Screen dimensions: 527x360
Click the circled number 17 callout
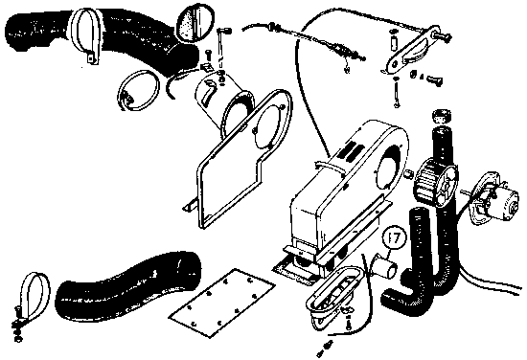pyautogui.click(x=395, y=238)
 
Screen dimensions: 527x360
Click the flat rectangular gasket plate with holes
pyautogui.click(x=222, y=302)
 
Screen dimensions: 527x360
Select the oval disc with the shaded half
pyautogui.click(x=195, y=22)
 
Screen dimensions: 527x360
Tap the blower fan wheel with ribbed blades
pyautogui.click(x=436, y=182)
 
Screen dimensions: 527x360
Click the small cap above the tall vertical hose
pyautogui.click(x=442, y=116)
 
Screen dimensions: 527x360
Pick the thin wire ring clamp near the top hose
pyautogui.click(x=138, y=90)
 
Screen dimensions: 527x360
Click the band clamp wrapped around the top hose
pyautogui.click(x=85, y=34)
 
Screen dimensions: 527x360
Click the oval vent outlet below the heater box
pyautogui.click(x=333, y=293)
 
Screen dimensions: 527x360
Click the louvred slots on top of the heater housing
pyautogui.click(x=351, y=150)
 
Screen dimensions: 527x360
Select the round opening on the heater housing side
pyautogui.click(x=389, y=167)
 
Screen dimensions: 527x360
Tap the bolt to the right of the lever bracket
pyautogui.click(x=434, y=80)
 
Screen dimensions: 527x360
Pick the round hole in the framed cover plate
pyautogui.click(x=268, y=126)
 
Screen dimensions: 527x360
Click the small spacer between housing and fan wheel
pyautogui.click(x=407, y=174)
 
